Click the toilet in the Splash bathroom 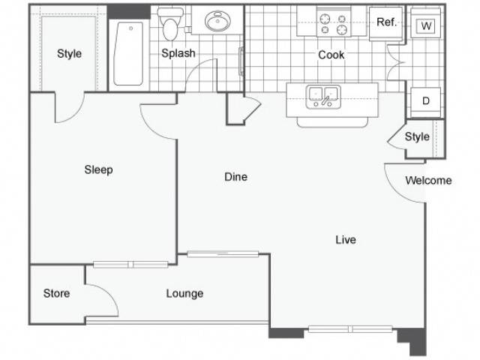tap(170, 24)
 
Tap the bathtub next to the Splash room tap(128, 53)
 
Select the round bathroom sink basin tap(217, 21)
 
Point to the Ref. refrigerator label tap(386, 22)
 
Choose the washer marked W tap(426, 25)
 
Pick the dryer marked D tap(426, 102)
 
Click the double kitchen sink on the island tap(323, 97)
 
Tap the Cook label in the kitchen tap(331, 55)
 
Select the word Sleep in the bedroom tap(98, 169)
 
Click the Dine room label tap(235, 177)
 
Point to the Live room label tap(346, 239)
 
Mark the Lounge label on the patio tap(184, 293)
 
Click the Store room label tap(57, 293)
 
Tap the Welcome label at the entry tap(428, 181)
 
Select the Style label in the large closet tap(70, 54)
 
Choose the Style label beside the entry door tap(417, 136)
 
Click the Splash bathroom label tap(178, 53)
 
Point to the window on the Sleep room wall tap(130, 265)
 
